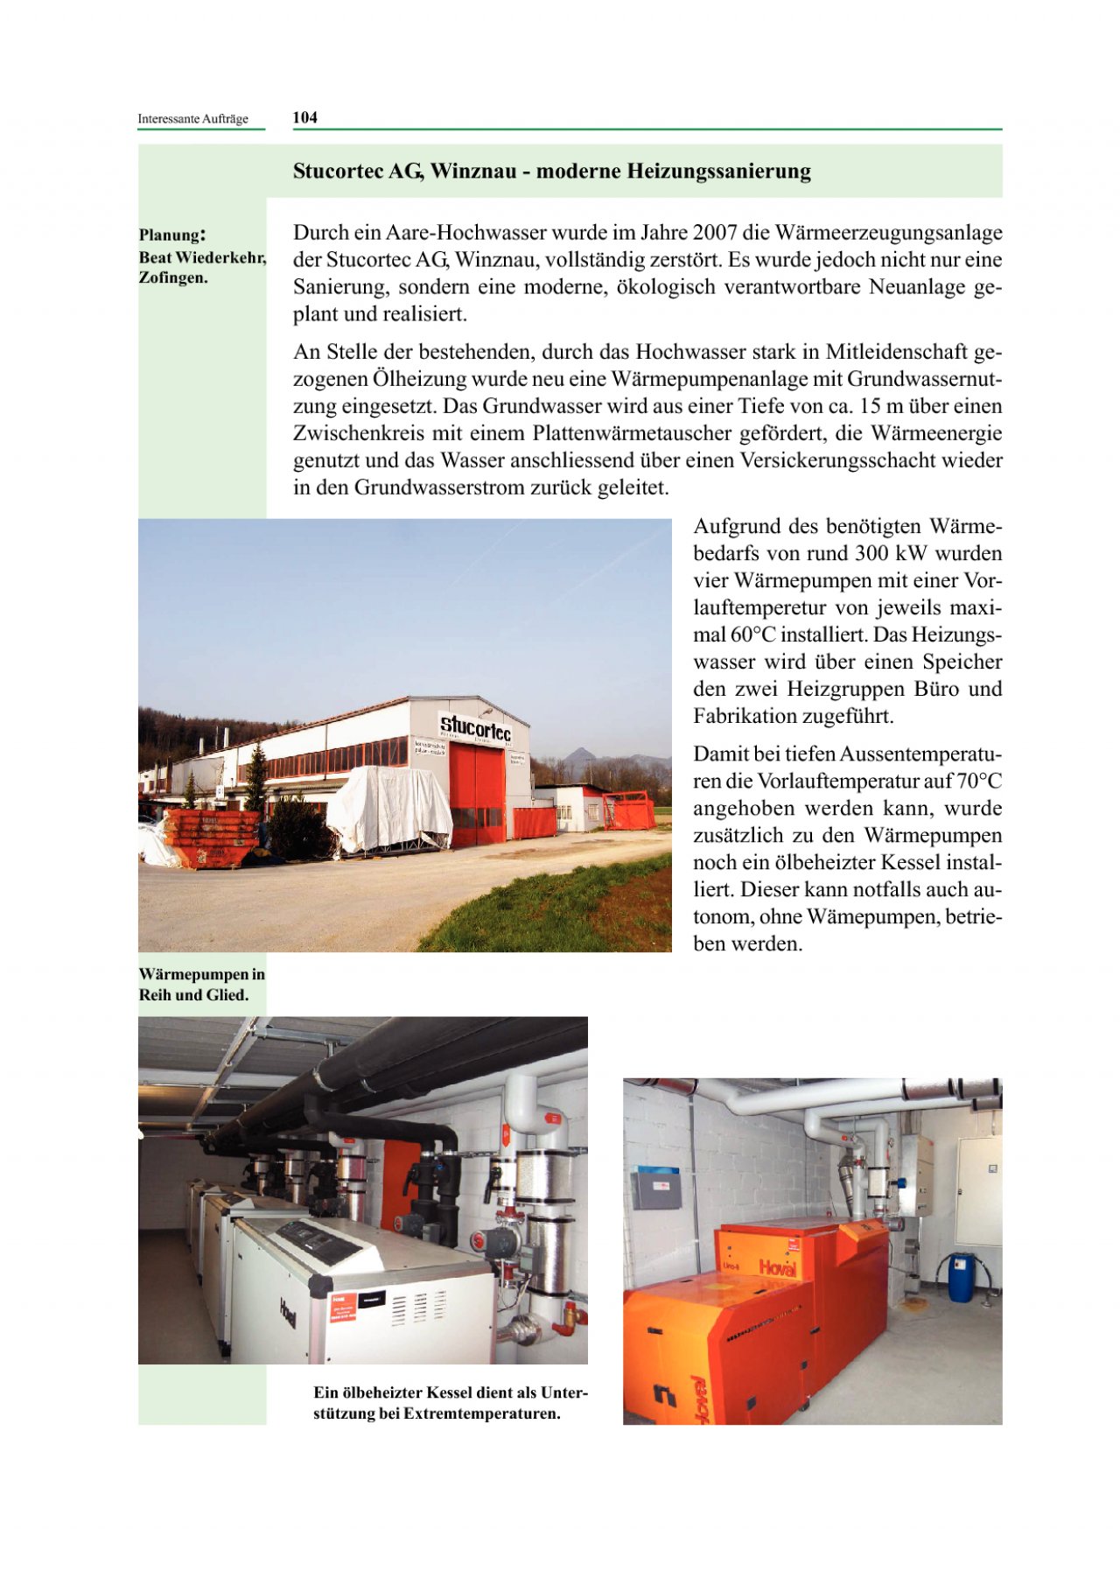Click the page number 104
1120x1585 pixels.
click(x=304, y=117)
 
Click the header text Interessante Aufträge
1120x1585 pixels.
click(x=192, y=119)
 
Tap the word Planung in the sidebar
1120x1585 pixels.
click(x=170, y=235)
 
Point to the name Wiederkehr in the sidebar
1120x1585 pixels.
click(x=220, y=257)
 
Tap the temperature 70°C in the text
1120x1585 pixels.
click(x=977, y=781)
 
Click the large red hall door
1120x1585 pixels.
click(x=477, y=793)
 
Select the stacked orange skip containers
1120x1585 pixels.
click(x=211, y=837)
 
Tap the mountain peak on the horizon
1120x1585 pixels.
click(x=577, y=754)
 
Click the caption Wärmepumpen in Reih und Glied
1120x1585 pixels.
click(x=201, y=985)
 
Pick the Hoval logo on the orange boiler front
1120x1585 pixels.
click(x=777, y=1268)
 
